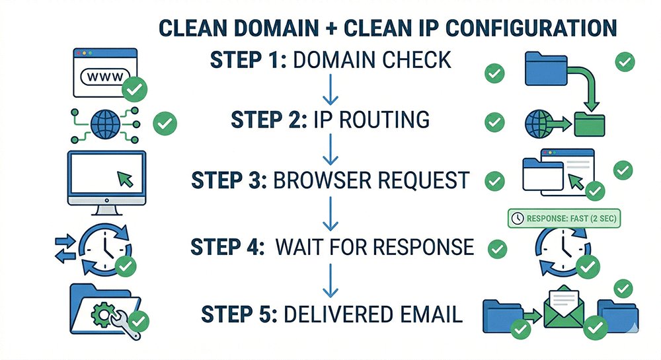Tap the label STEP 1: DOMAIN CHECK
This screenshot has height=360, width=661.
click(330, 60)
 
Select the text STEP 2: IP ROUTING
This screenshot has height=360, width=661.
click(330, 120)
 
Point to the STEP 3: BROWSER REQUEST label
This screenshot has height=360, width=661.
click(330, 180)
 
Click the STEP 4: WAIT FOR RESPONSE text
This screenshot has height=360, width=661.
click(332, 246)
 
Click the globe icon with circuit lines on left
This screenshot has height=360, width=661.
click(104, 124)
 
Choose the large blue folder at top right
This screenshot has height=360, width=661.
click(546, 69)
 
